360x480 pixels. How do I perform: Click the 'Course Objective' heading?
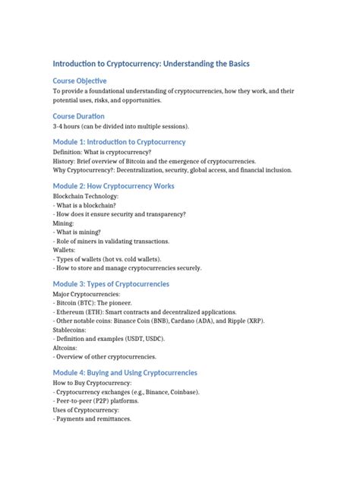(x=79, y=81)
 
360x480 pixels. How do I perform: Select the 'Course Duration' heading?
(x=78, y=116)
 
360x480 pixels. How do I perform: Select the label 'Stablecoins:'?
(x=70, y=330)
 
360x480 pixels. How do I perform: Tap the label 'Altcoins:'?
(x=66, y=348)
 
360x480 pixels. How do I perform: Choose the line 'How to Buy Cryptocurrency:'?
(x=92, y=383)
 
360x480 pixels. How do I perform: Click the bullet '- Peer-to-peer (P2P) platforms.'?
(x=102, y=400)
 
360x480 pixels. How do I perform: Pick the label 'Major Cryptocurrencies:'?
(x=86, y=294)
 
